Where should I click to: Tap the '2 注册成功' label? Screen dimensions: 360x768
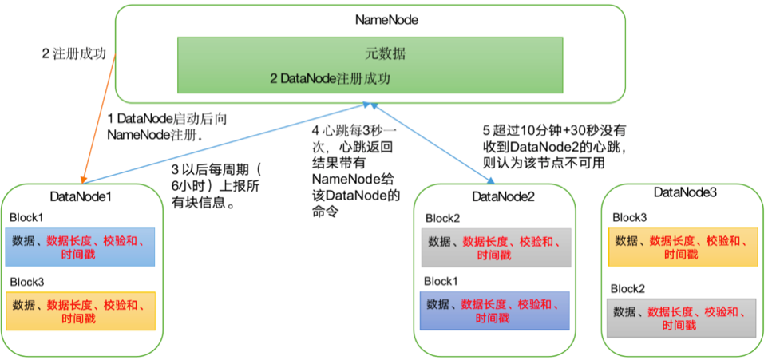point(74,53)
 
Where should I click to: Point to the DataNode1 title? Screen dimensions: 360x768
point(81,196)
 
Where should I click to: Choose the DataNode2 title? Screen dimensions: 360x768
point(504,196)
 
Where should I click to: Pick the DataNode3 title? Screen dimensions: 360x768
point(685,192)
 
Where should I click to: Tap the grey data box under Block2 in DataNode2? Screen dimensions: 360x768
point(495,247)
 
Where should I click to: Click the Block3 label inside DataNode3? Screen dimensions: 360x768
point(630,217)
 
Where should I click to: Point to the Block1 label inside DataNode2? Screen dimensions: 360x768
point(441,281)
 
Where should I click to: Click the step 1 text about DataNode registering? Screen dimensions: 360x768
point(167,126)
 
